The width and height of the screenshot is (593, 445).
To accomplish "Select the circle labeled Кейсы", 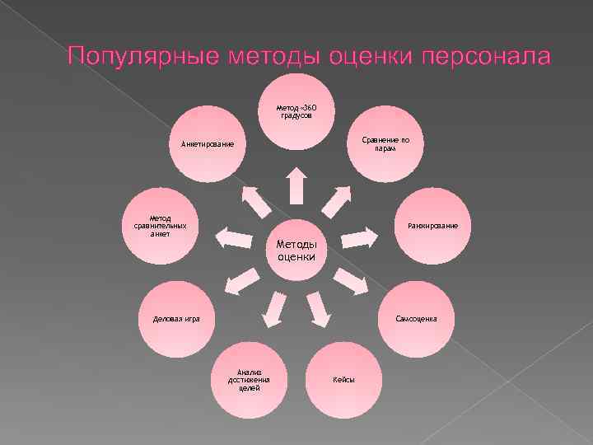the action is tap(343, 380).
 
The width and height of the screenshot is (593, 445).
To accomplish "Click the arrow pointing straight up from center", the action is tap(296, 185).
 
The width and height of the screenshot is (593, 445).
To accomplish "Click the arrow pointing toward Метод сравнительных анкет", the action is tap(233, 237).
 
